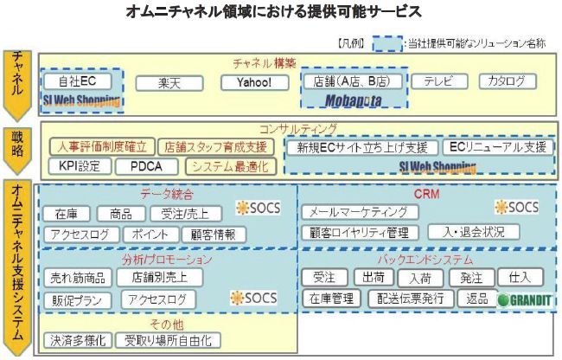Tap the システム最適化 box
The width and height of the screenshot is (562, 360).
(x=229, y=166)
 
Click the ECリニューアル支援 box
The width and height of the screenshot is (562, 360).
(x=496, y=147)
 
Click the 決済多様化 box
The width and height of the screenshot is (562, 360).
(x=78, y=340)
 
